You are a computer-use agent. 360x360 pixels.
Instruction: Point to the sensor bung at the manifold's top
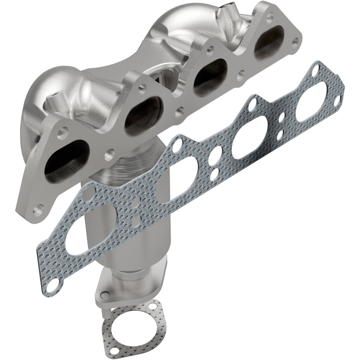[228, 9]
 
